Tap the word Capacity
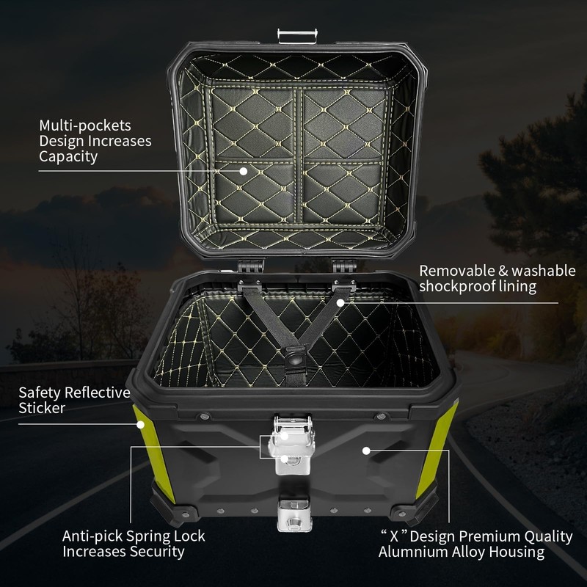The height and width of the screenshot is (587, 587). tap(68, 157)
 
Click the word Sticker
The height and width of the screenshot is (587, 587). tap(42, 408)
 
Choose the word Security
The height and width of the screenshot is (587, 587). tap(153, 551)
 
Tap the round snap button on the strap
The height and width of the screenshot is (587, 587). tap(296, 359)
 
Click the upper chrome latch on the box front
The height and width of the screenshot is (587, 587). tap(292, 438)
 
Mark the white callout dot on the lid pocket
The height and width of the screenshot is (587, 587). tap(244, 171)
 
